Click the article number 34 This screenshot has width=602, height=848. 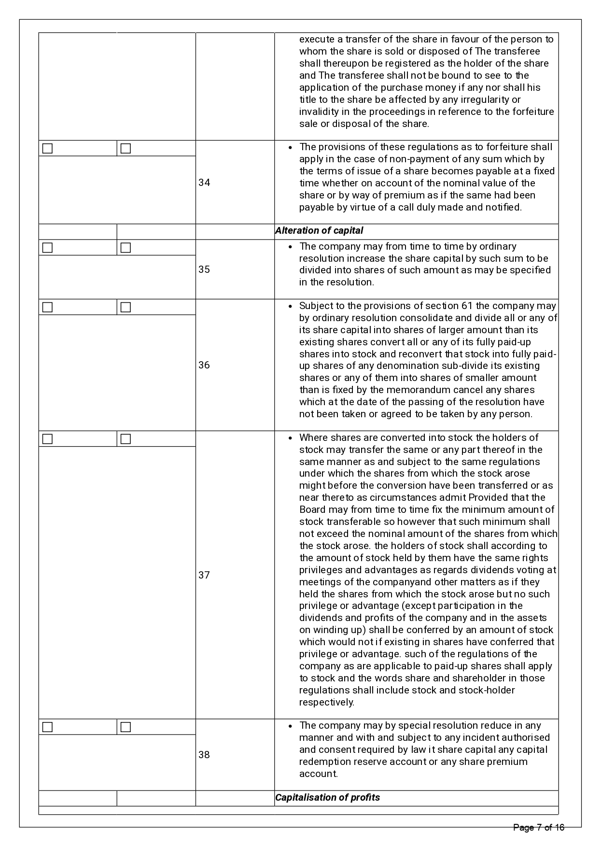(x=204, y=183)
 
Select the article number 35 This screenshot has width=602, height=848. (x=204, y=269)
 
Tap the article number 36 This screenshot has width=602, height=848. (x=204, y=365)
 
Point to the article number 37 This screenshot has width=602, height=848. (x=204, y=575)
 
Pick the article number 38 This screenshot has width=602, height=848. (x=204, y=755)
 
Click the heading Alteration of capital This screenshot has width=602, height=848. (x=319, y=231)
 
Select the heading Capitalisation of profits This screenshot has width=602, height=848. (x=327, y=797)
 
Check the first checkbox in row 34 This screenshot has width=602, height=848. (x=47, y=148)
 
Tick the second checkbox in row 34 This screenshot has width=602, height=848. (x=126, y=148)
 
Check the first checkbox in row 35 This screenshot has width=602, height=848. (x=47, y=247)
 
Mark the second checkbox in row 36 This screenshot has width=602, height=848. (x=126, y=307)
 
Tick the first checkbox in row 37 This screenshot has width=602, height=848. (x=47, y=439)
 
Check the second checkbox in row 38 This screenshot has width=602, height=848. (x=126, y=727)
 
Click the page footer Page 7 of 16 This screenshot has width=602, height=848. (x=538, y=828)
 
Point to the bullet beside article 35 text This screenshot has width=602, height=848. (x=290, y=247)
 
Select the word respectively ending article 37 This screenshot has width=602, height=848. (x=326, y=702)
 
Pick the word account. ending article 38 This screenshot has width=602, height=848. (x=318, y=774)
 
